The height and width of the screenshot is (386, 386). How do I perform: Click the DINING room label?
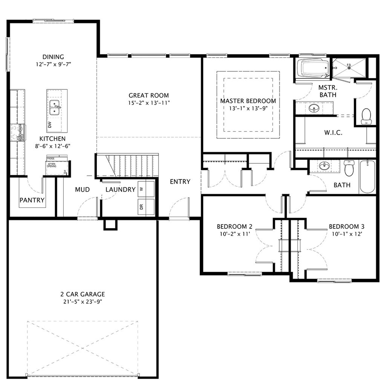(53, 57)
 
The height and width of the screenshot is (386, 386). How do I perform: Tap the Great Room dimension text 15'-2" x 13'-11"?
(149, 103)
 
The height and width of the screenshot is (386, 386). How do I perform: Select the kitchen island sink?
(55, 107)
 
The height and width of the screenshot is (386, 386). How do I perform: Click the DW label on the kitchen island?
(49, 124)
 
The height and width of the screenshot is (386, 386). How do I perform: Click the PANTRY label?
(32, 200)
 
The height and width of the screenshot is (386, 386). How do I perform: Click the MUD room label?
(82, 189)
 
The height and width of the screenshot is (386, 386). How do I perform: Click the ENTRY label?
(180, 182)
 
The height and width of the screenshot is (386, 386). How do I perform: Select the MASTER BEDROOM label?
(248, 101)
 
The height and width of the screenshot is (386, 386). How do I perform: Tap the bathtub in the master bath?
(313, 68)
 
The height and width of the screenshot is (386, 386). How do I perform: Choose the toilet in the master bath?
(366, 115)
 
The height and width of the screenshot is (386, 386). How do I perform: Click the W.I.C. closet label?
(333, 133)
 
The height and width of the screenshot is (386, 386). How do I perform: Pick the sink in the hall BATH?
(324, 166)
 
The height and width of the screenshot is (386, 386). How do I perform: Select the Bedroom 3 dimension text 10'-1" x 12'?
(346, 234)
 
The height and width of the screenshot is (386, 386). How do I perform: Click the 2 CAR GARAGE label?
(83, 294)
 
